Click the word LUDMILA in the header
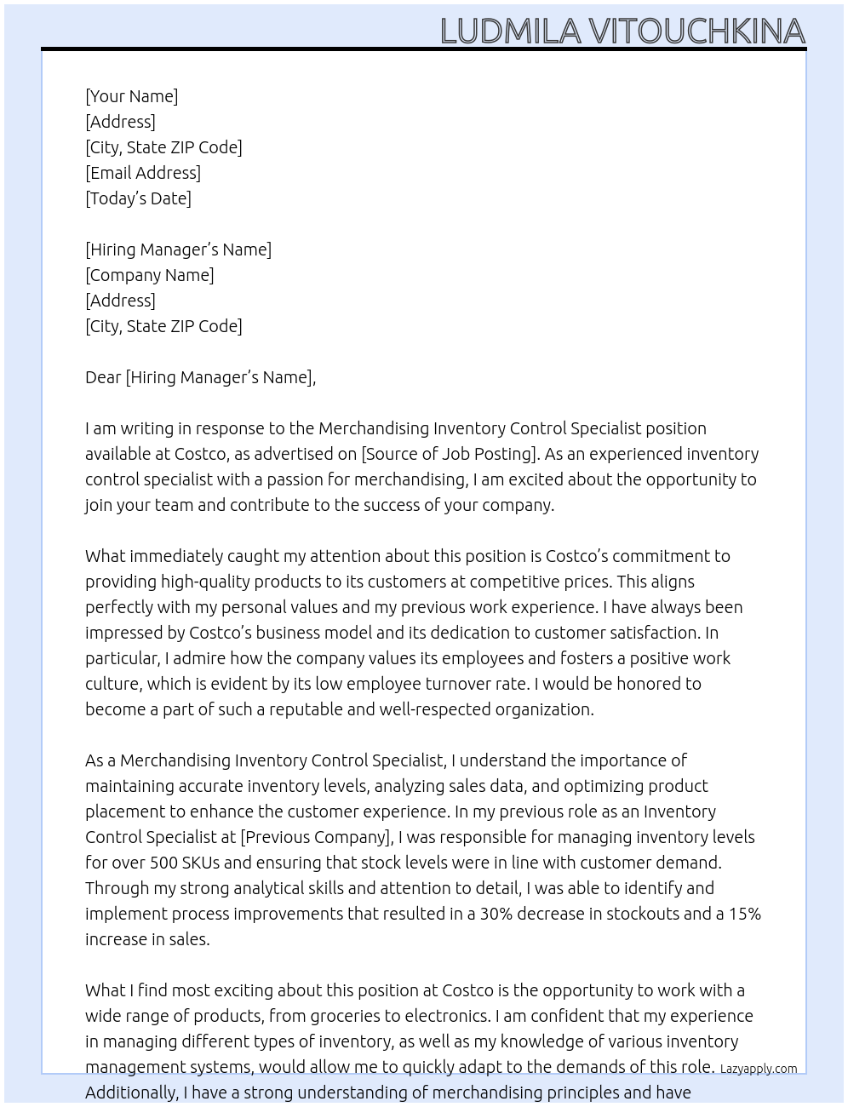pos(511,31)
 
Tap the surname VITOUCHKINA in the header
pos(697,31)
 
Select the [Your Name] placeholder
pos(131,96)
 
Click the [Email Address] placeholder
pos(143,173)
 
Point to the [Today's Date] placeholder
pos(138,198)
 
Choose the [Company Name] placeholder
pos(150,275)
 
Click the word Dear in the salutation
pos(103,377)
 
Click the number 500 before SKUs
pos(163,863)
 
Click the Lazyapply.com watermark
pos(759,1069)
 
